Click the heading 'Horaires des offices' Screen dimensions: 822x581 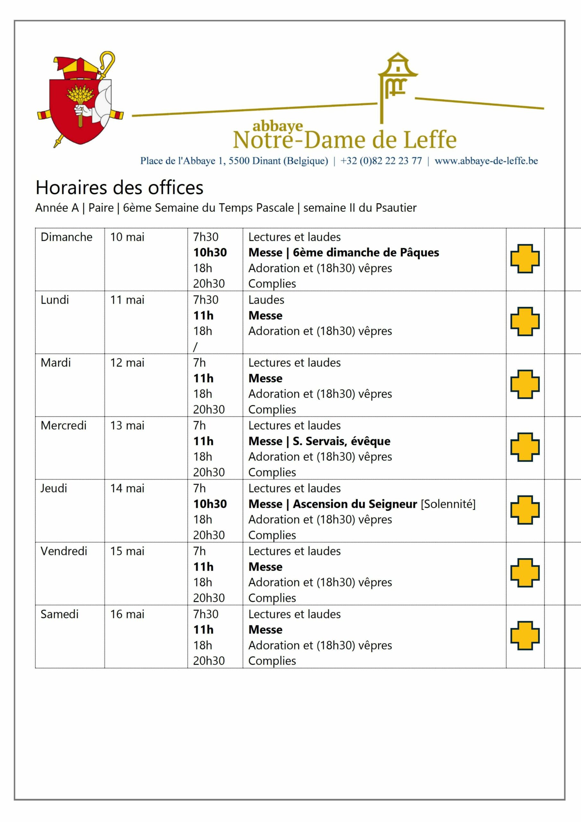[x=119, y=187]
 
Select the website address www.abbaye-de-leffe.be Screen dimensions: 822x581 [x=486, y=161]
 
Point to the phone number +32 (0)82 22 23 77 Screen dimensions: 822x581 [x=381, y=161]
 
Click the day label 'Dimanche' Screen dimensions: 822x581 [x=66, y=237]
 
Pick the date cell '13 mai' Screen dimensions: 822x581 [x=127, y=425]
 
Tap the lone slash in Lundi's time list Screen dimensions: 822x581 [x=195, y=346]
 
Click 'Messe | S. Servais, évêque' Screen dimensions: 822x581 [x=319, y=441]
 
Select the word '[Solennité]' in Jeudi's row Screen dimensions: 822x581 [x=448, y=504]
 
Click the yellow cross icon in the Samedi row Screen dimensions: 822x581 [x=525, y=635]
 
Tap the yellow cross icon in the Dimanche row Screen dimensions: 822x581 [x=525, y=258]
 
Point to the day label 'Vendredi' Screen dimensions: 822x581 [x=64, y=551]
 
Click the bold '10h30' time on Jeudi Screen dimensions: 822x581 [x=210, y=504]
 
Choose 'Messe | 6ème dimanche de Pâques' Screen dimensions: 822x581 [x=344, y=252]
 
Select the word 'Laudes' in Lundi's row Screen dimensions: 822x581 [x=266, y=300]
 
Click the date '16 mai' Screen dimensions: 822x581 [x=127, y=614]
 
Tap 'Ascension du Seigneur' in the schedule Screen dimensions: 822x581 [x=355, y=504]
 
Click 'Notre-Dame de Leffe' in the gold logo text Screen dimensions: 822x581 [x=345, y=140]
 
